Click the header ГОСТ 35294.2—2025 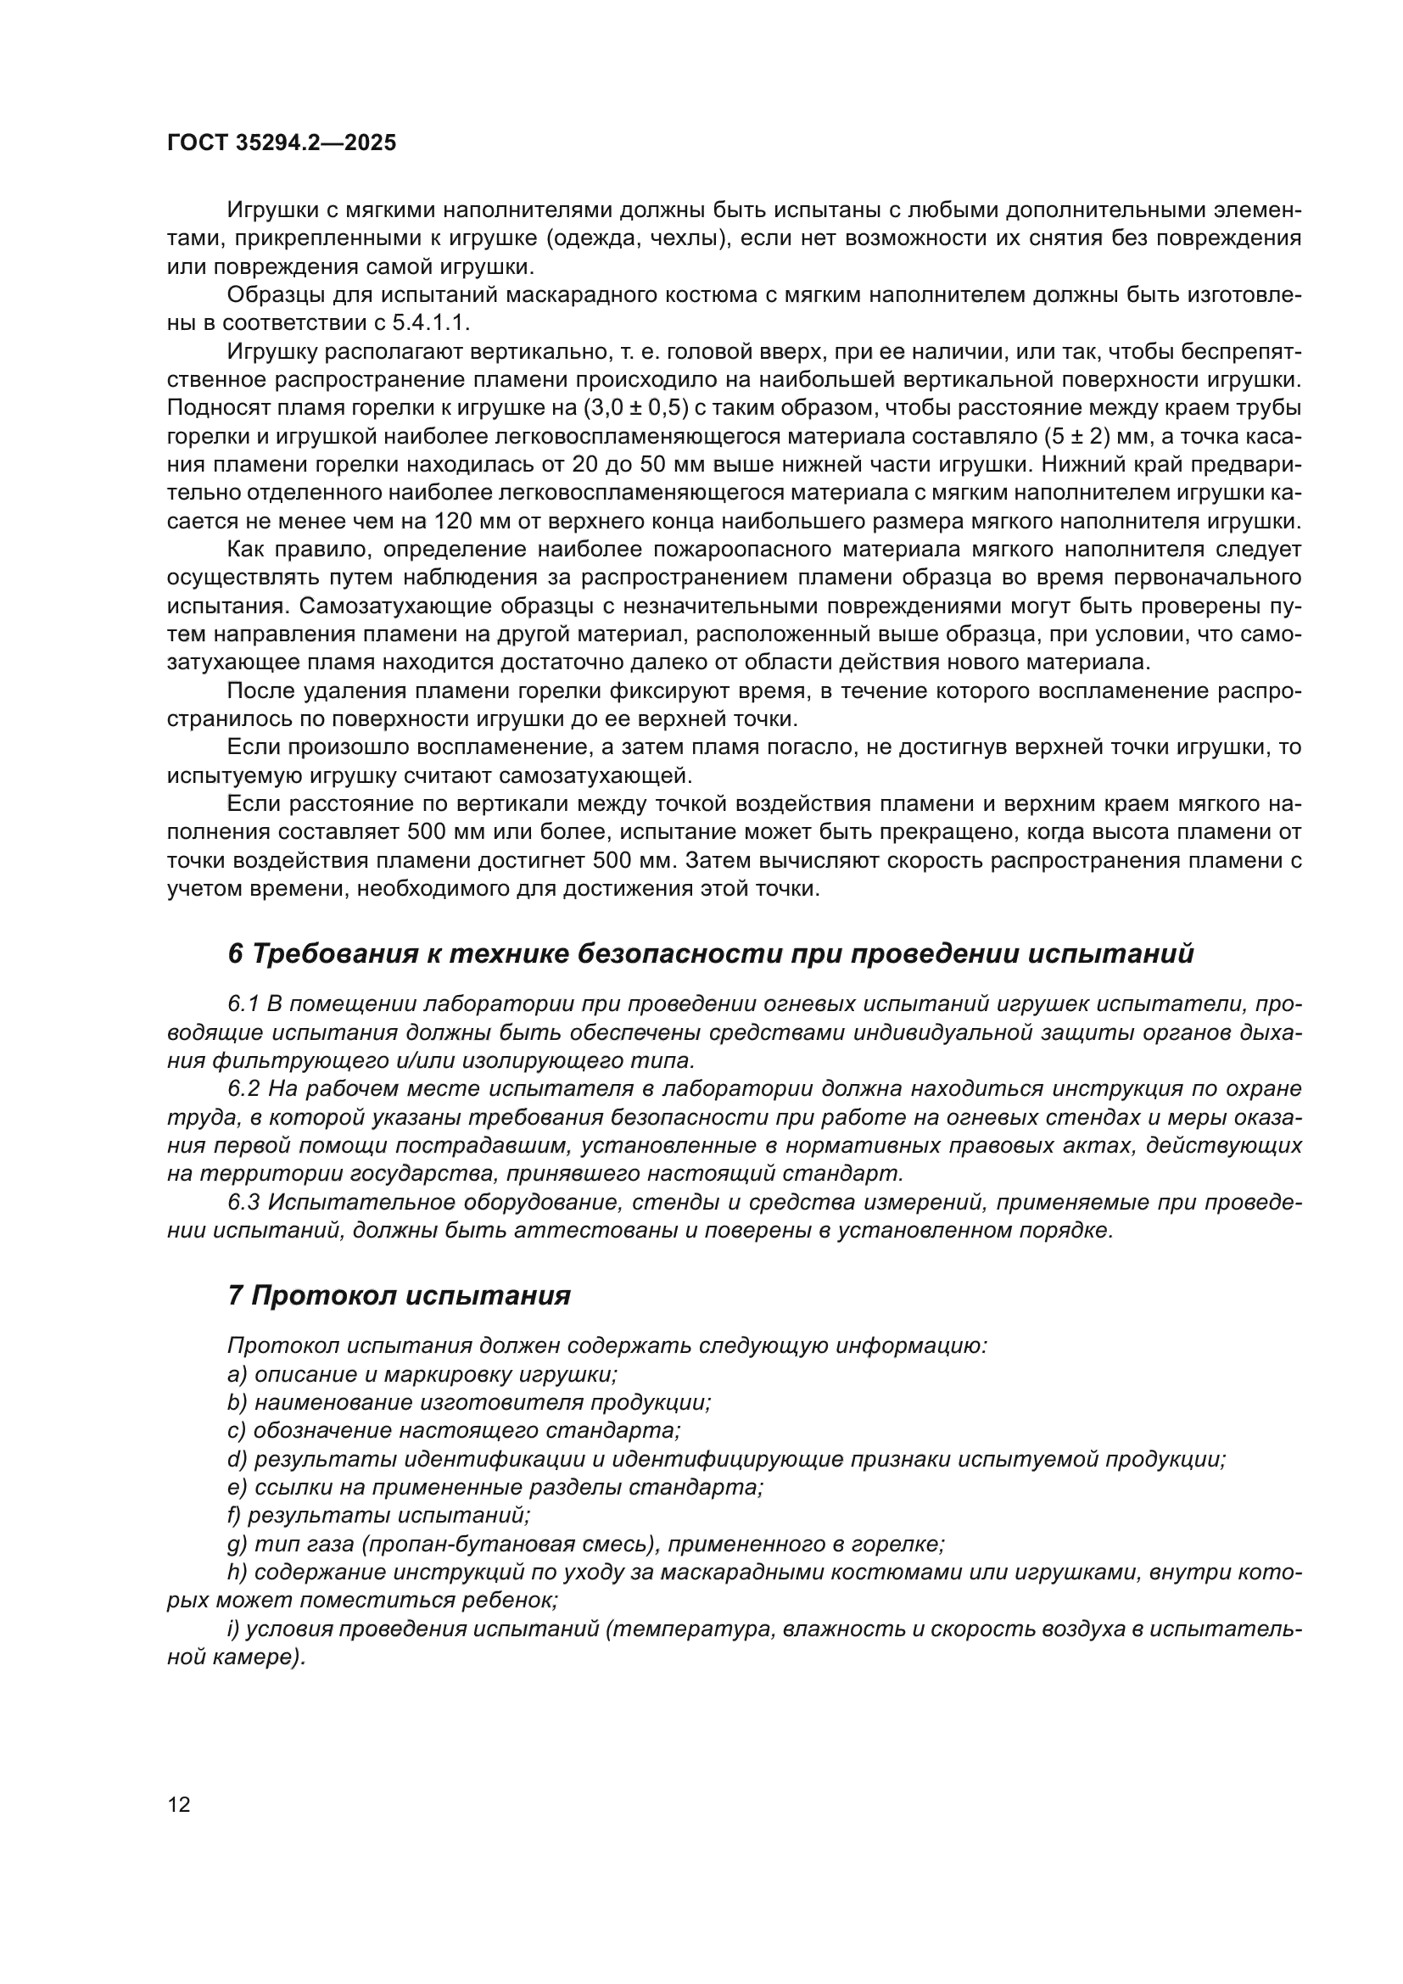tap(281, 143)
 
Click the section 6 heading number tap(236, 954)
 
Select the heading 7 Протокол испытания tap(399, 1295)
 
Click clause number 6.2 tap(243, 1089)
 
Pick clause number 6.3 tap(243, 1202)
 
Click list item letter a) tap(237, 1374)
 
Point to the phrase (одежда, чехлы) tap(644, 238)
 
